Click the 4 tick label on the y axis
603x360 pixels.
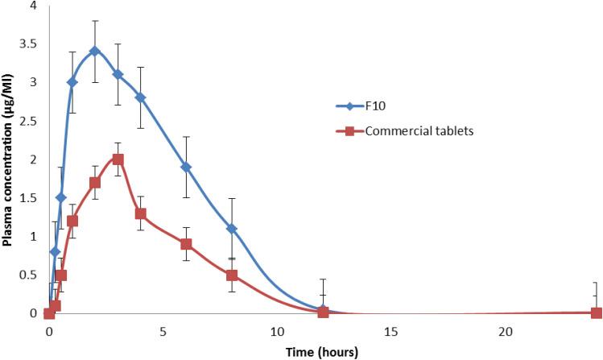click(x=33, y=6)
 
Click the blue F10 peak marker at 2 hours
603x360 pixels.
click(x=94, y=52)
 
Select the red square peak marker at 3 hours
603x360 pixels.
click(x=118, y=159)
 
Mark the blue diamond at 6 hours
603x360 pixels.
click(x=186, y=167)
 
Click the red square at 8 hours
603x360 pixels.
click(x=232, y=275)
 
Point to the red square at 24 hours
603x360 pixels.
click(x=597, y=312)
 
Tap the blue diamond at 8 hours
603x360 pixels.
click(x=232, y=229)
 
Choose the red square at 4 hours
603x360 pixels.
click(x=140, y=213)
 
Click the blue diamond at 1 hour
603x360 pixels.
click(x=72, y=82)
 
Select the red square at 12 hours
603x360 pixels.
click(x=323, y=312)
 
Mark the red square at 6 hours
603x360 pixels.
click(x=186, y=244)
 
